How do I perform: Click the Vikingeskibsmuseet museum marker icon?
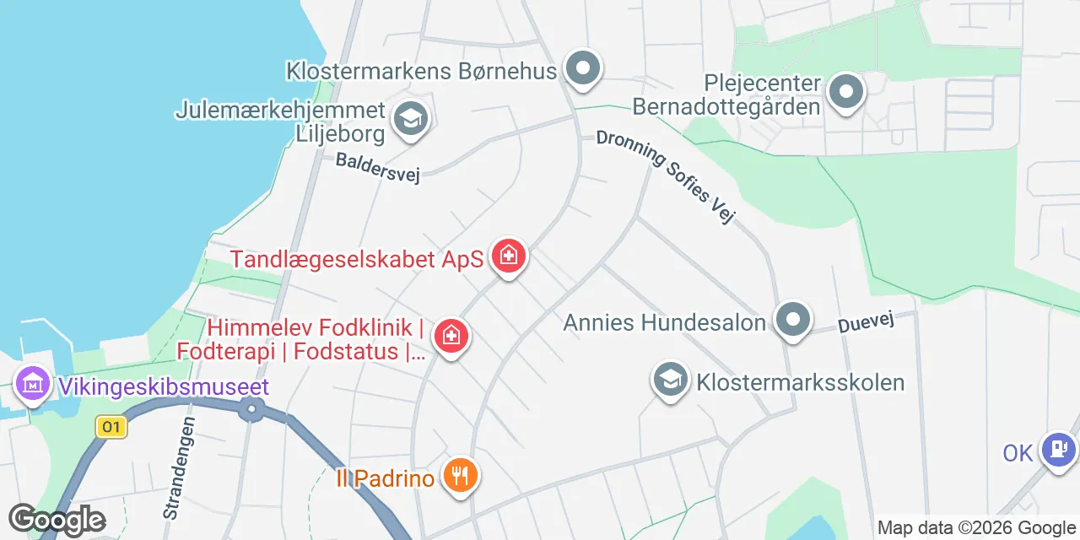(x=33, y=385)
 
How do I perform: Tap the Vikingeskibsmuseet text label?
(x=164, y=387)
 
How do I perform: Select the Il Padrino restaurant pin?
(x=460, y=477)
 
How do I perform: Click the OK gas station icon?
(x=1058, y=449)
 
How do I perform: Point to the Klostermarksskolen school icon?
(x=671, y=381)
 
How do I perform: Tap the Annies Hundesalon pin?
(x=793, y=320)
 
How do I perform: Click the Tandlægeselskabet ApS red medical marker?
(x=508, y=255)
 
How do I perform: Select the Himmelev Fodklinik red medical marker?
(x=451, y=337)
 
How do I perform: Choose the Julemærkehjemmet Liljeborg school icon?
(x=411, y=120)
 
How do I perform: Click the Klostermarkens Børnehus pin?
(x=582, y=68)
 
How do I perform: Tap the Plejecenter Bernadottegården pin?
(x=846, y=92)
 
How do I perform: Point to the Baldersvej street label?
(x=377, y=166)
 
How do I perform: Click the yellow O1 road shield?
(x=111, y=427)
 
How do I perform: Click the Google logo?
(x=57, y=520)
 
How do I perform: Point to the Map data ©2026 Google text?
(x=975, y=528)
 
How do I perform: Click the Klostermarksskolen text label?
(x=800, y=382)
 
